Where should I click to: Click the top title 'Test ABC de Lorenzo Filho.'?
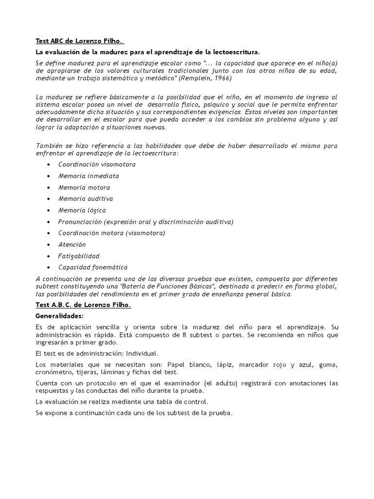tap(80, 41)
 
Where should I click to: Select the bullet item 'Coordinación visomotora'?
tap(97, 164)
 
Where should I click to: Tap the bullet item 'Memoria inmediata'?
tap(89, 176)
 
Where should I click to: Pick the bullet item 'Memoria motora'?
tap(84, 188)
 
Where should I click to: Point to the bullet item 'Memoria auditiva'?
tap(86, 199)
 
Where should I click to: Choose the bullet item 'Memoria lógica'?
tap(82, 211)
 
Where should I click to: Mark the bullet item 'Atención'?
tap(72, 245)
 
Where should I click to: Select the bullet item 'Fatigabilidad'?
tap(79, 256)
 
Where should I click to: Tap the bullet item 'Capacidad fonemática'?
tap(93, 268)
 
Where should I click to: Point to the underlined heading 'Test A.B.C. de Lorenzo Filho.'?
tap(84, 305)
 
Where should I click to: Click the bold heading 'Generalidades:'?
tap(60, 316)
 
